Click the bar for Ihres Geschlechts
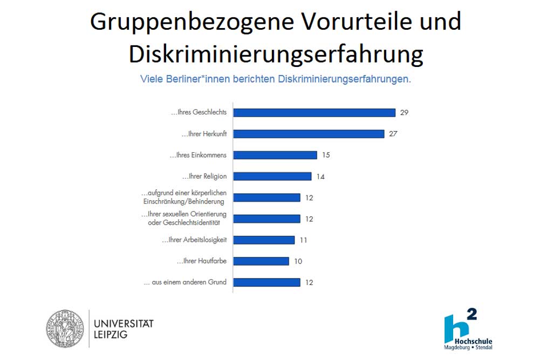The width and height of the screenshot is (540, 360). (315, 113)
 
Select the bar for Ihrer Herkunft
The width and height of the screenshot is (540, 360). (309, 134)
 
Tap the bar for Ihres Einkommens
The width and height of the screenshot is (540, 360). (275, 155)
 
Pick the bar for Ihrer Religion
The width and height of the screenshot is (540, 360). (272, 176)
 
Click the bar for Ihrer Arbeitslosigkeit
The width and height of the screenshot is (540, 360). (264, 240)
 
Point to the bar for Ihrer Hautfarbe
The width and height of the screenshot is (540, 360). (261, 261)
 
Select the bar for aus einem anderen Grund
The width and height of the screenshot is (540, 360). (266, 282)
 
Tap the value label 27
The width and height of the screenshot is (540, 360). (393, 134)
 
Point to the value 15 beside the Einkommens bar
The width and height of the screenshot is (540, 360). (325, 155)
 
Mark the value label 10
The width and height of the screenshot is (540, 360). (298, 261)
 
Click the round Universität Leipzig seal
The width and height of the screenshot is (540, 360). (65, 329)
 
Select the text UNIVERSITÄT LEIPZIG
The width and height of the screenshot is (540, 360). (124, 329)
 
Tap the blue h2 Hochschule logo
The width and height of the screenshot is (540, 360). (467, 328)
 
